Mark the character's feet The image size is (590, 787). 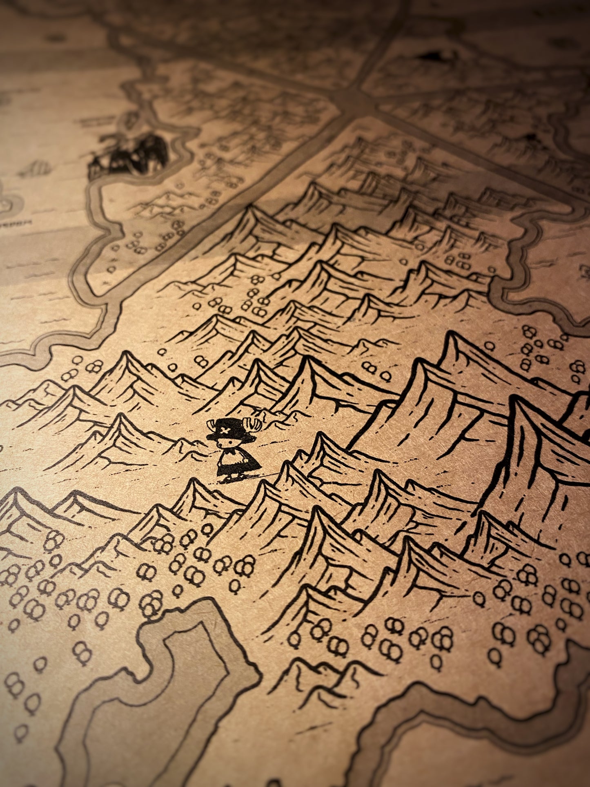click(x=229, y=478)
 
